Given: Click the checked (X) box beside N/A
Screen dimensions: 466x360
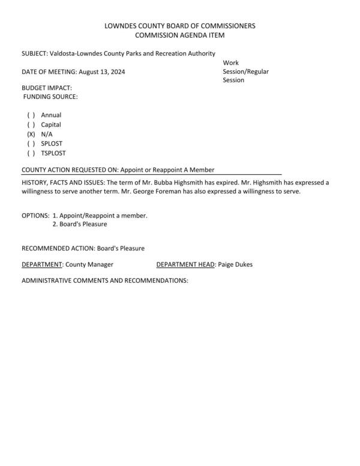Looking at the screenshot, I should point(31,135).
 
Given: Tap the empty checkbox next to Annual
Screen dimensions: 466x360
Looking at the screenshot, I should point(31,115).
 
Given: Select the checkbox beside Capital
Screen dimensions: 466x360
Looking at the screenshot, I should point(31,125).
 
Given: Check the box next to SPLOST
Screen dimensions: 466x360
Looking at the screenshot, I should point(31,144).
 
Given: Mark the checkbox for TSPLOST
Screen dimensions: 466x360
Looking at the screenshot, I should point(31,154).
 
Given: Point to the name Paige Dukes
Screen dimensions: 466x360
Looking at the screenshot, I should point(236,264).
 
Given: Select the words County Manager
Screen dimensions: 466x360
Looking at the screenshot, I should point(89,264).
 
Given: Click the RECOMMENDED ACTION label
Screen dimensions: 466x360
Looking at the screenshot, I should point(58,248).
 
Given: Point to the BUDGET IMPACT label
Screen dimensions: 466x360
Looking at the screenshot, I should point(47,88).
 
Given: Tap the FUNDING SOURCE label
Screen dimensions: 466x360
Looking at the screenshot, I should point(50,97).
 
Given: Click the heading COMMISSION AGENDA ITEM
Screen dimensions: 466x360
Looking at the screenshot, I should point(180,36).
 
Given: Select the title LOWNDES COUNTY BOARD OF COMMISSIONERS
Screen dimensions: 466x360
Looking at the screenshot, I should point(180,26).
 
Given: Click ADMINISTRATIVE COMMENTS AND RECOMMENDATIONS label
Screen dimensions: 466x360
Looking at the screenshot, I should point(105,280).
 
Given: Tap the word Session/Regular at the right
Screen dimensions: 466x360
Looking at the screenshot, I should point(246,71).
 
